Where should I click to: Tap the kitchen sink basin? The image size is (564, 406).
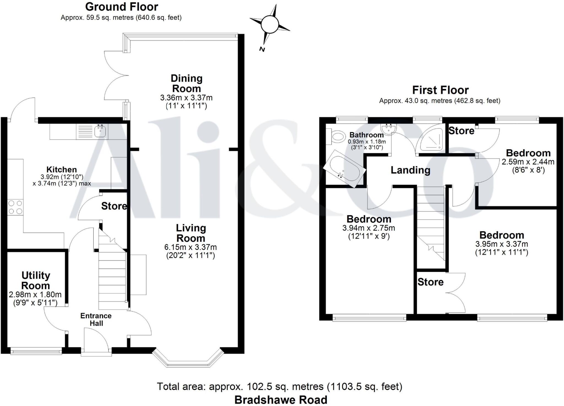coord(100,131)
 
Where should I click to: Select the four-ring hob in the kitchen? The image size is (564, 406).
coord(15,207)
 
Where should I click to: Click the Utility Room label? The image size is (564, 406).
coord(36,280)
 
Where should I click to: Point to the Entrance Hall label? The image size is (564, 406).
coord(96,319)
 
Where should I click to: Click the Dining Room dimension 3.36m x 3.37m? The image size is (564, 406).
coord(186,98)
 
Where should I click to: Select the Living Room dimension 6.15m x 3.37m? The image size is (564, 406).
coord(191,247)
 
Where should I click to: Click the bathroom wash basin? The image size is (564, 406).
coord(388,129)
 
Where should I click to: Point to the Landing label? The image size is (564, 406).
coord(410,170)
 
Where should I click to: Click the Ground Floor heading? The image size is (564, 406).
coord(121,7)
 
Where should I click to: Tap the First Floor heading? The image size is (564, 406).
coord(440,90)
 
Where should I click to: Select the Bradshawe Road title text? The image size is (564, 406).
coord(281,400)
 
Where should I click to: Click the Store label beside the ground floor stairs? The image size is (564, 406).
coord(114,206)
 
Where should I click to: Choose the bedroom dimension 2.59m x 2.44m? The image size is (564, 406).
coord(528,162)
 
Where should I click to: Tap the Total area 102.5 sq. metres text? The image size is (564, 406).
coord(280,386)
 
